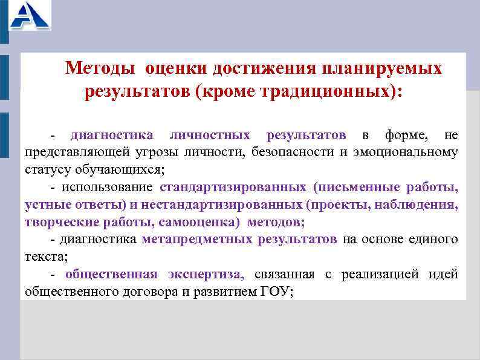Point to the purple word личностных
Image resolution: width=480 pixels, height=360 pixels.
click(x=210, y=134)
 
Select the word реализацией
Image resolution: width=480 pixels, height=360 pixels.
click(x=380, y=275)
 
